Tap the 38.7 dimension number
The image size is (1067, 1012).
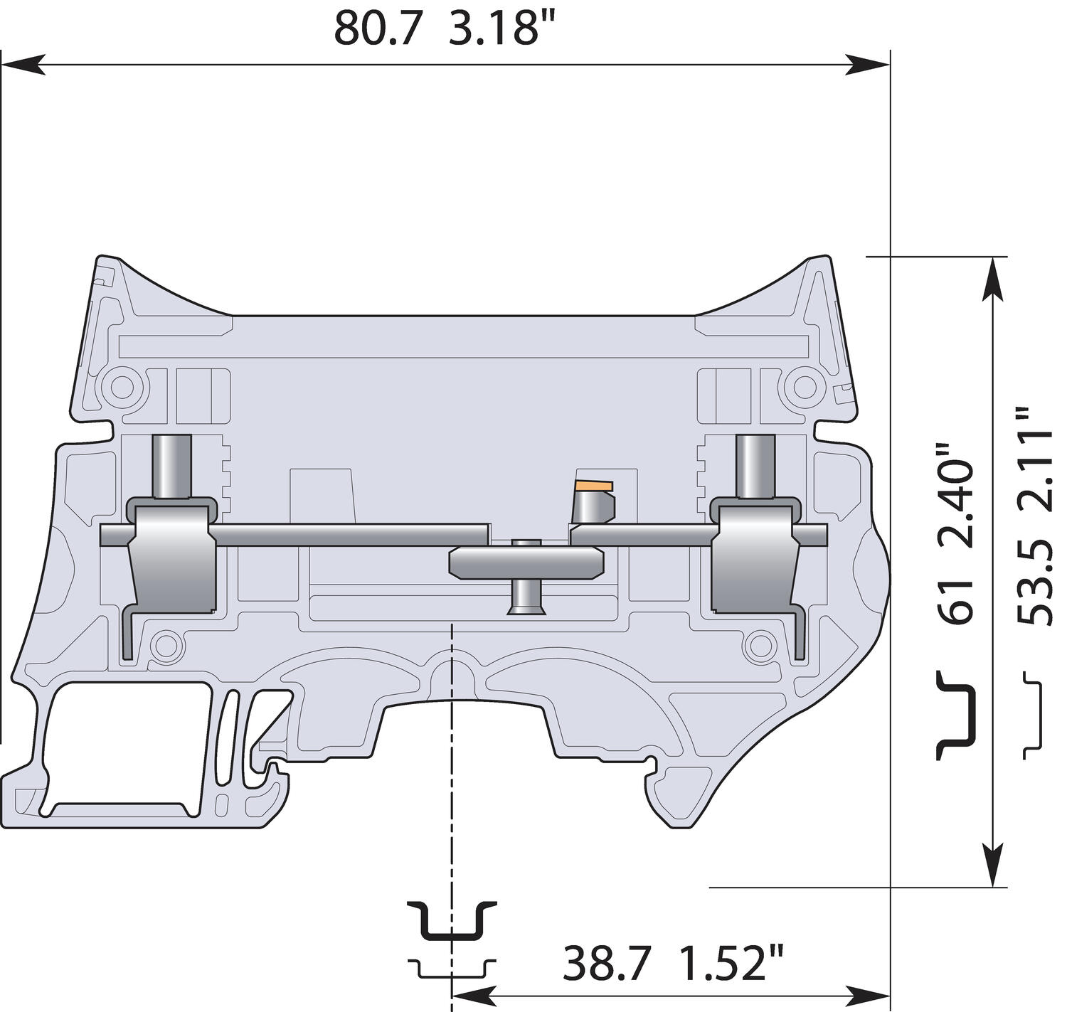pyautogui.click(x=607, y=964)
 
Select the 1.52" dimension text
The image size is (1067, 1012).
pyautogui.click(x=731, y=964)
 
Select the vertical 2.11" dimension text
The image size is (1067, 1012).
pyautogui.click(x=1035, y=459)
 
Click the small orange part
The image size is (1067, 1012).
pyautogui.click(x=595, y=486)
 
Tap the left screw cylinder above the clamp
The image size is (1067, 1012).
pyautogui.click(x=171, y=466)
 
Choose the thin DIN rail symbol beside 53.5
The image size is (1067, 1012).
pyautogui.click(x=1034, y=714)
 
